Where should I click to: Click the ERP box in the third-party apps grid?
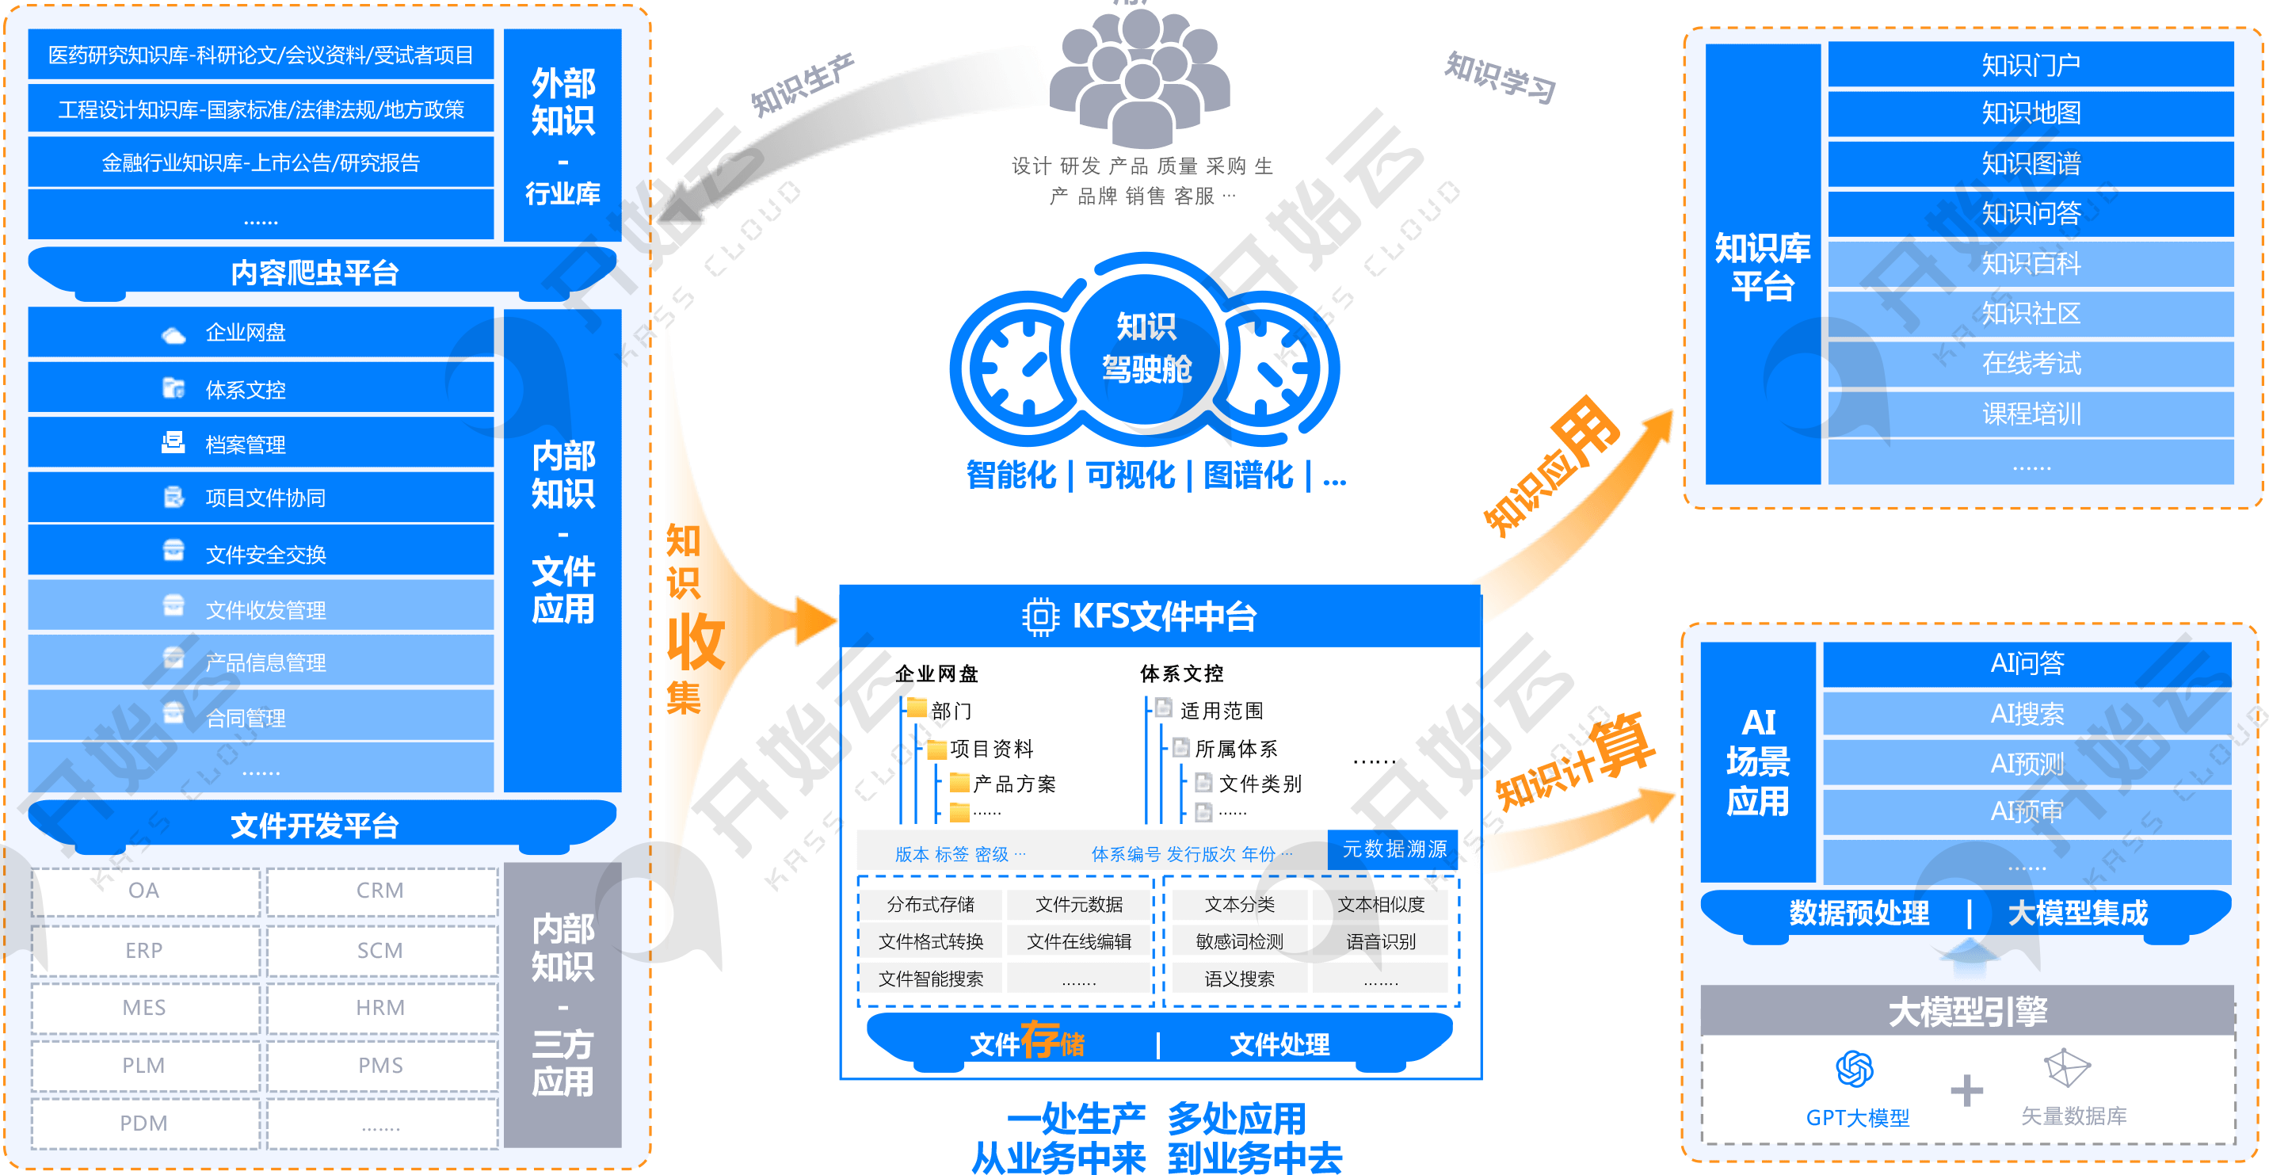(144, 951)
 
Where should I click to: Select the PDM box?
(144, 1123)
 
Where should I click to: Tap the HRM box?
(380, 1008)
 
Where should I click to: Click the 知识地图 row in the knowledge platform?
(2031, 113)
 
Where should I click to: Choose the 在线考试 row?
(2031, 364)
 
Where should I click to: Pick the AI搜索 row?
(2027, 713)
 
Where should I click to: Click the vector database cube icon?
(2066, 1068)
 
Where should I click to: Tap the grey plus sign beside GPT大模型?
(1966, 1090)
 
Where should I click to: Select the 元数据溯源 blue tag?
(1394, 849)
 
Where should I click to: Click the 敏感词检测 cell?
(1239, 941)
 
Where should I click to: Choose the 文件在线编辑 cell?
(1079, 941)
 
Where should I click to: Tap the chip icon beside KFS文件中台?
(1040, 616)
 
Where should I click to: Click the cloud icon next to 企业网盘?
(174, 334)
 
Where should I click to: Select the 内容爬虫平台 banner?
(315, 273)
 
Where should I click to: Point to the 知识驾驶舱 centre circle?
(1146, 348)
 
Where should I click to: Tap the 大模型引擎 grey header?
(1967, 1011)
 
